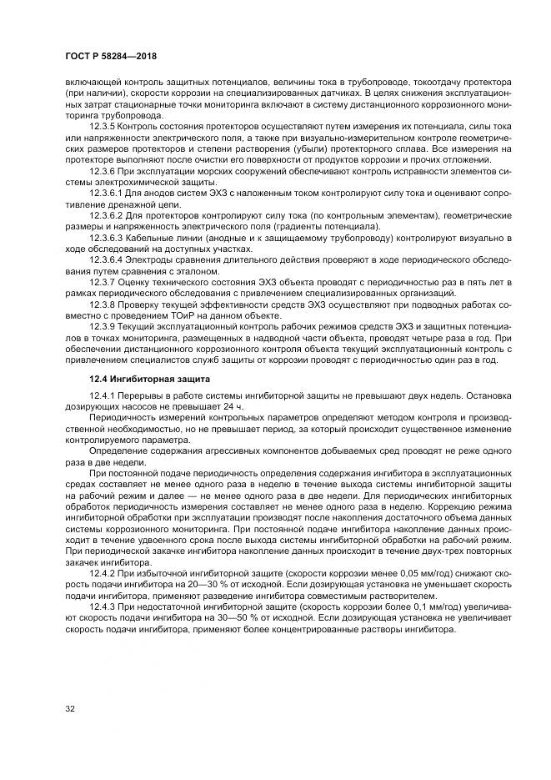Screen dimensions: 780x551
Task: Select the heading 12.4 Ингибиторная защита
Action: (x=138, y=379)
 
